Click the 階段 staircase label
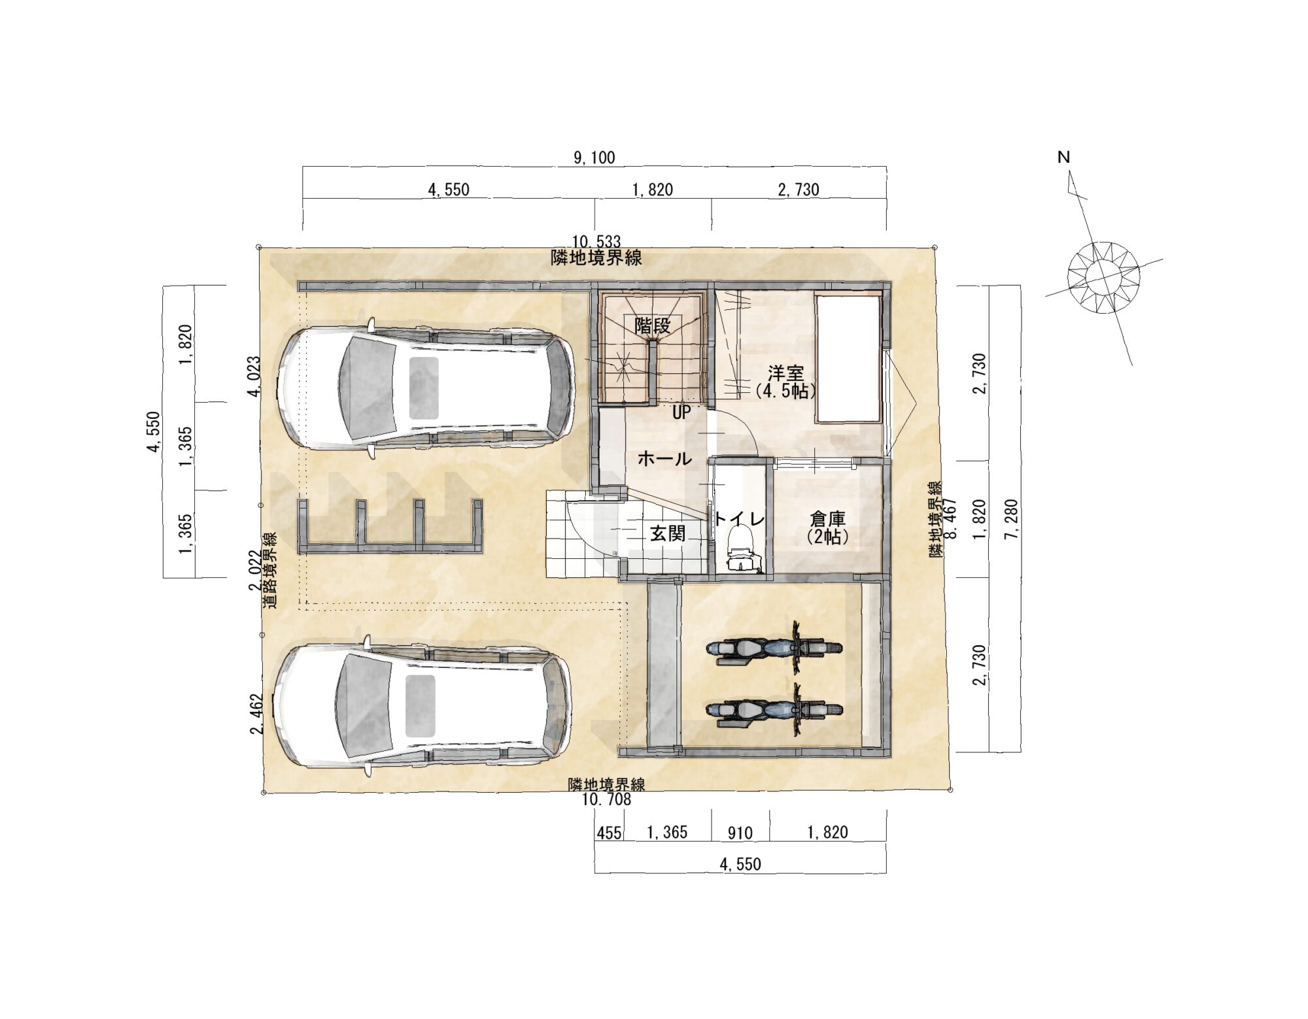click(x=653, y=325)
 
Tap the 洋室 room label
click(x=785, y=374)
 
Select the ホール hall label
click(x=664, y=459)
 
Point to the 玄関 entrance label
click(x=667, y=534)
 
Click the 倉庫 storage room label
click(x=827, y=520)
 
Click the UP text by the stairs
click(x=681, y=413)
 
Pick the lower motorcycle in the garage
click(x=775, y=710)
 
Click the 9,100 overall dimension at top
click(x=594, y=158)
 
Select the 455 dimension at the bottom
click(x=609, y=833)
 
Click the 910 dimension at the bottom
click(x=740, y=833)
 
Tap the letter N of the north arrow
click(x=1063, y=158)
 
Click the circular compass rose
click(x=1104, y=278)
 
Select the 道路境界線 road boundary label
click(x=269, y=570)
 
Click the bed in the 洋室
click(x=848, y=358)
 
